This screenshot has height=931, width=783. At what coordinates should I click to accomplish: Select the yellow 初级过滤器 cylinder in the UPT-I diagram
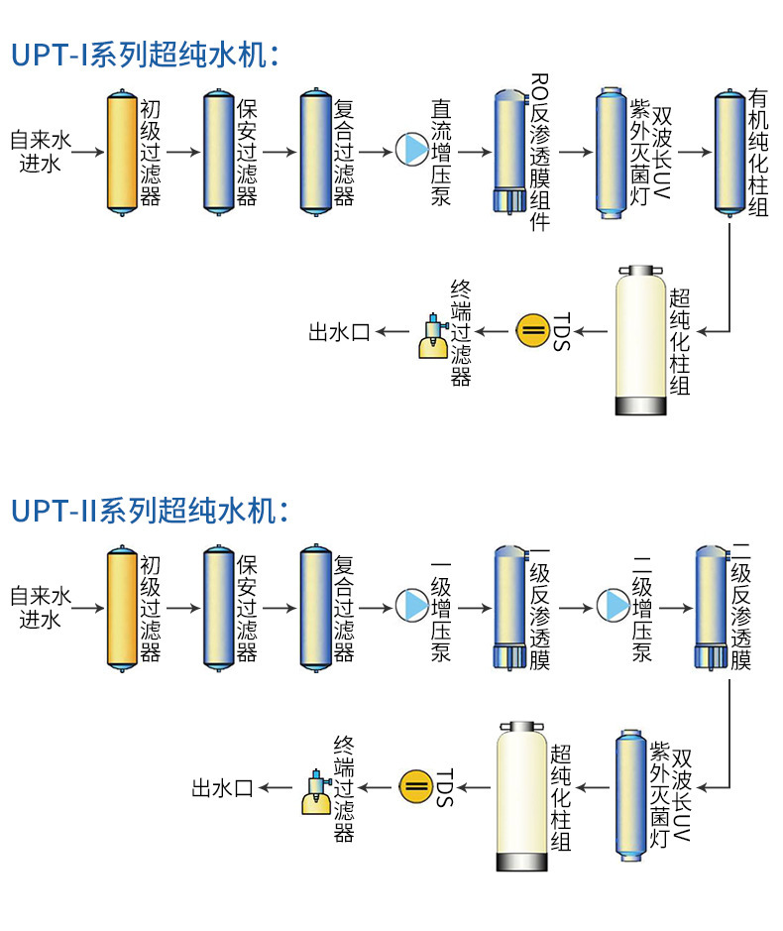point(121,151)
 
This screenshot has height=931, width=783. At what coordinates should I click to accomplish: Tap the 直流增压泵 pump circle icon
point(409,151)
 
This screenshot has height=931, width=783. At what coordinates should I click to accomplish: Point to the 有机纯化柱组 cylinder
point(729,151)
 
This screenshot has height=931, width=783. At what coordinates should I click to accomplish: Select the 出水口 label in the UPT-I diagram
point(339,332)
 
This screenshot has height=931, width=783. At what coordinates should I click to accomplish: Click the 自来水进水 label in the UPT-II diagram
point(41,607)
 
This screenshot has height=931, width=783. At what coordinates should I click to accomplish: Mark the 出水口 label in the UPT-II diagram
point(223,788)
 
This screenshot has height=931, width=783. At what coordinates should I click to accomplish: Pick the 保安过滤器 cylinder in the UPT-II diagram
point(218,607)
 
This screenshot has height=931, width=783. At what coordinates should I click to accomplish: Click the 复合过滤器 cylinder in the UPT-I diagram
point(315,151)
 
